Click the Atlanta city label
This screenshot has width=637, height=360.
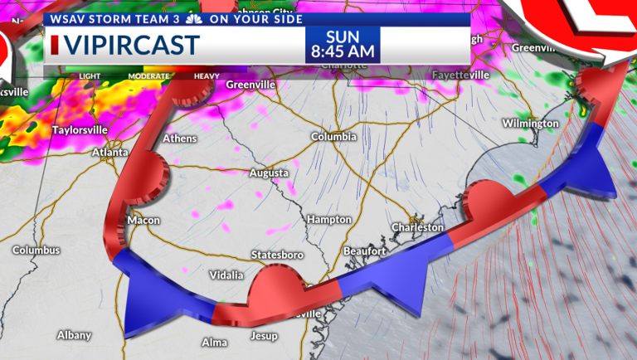pyautogui.click(x=109, y=153)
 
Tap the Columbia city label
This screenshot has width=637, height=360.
pyautogui.click(x=333, y=136)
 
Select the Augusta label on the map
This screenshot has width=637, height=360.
pyautogui.click(x=270, y=173)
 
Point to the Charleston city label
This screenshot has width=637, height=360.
pyautogui.click(x=418, y=226)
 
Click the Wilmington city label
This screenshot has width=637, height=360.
pyautogui.click(x=530, y=124)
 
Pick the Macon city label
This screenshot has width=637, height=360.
pyautogui.click(x=143, y=220)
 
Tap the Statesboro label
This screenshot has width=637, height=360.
pyautogui.click(x=277, y=255)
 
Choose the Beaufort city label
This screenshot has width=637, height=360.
pyautogui.click(x=365, y=251)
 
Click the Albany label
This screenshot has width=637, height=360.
pyautogui.click(x=74, y=335)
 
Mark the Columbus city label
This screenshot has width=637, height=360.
pyautogui.click(x=36, y=250)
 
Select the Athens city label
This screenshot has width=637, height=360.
pyautogui.click(x=180, y=139)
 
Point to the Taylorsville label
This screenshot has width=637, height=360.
pyautogui.click(x=80, y=130)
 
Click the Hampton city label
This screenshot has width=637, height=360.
pyautogui.click(x=328, y=219)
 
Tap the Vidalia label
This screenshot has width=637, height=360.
pyautogui.click(x=226, y=275)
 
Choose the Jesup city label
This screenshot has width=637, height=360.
pyautogui.click(x=264, y=336)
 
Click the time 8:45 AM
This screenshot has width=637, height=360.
pyautogui.click(x=343, y=52)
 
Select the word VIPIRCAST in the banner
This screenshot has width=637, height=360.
pyautogui.click(x=131, y=45)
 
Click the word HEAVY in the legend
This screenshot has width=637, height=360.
pyautogui.click(x=207, y=76)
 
